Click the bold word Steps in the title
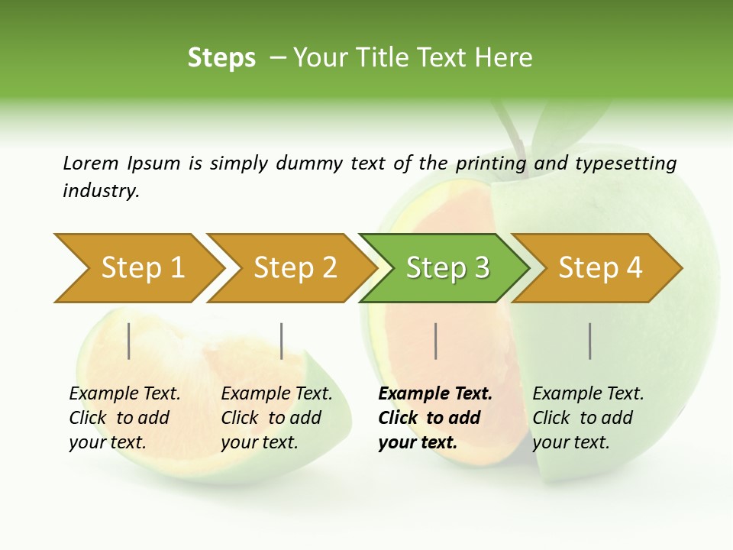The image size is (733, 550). coord(221,58)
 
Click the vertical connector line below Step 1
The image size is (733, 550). coord(129,341)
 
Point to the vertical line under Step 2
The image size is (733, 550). coord(282,341)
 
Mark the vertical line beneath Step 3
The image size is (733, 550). coord(435,341)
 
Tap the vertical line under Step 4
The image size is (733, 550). coord(590,341)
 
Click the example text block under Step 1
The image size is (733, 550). coord(124,418)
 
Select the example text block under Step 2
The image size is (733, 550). coord(276,418)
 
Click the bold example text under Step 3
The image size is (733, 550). coord(435,418)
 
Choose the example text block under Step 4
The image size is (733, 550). coord(588,418)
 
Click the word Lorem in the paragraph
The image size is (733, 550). coord(90,163)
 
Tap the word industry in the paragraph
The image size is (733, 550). coord(101,191)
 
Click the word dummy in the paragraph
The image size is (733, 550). coord(310,163)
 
